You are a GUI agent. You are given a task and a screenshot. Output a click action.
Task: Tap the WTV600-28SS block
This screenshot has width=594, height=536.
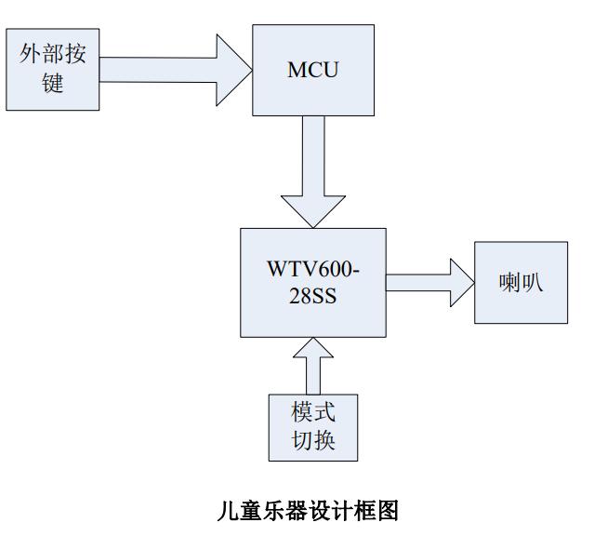click(x=313, y=281)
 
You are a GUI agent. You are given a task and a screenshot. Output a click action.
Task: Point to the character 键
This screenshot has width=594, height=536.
click(x=53, y=83)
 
